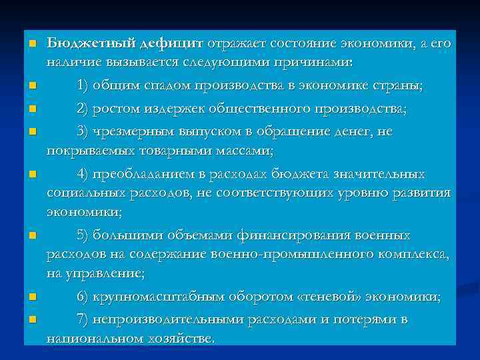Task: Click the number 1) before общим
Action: [x=83, y=86]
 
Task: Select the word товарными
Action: [x=157, y=150]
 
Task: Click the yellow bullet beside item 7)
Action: [x=31, y=319]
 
